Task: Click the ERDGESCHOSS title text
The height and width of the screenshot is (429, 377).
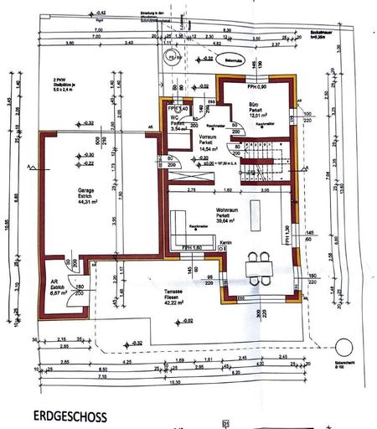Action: [70, 416]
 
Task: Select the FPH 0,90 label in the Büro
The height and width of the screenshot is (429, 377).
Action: [256, 86]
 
